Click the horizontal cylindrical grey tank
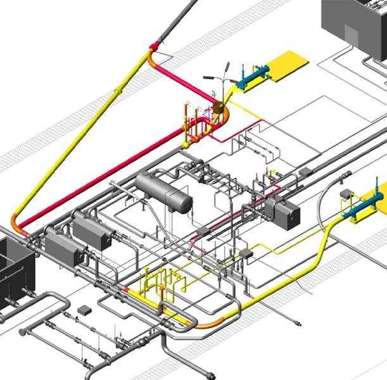pos(163,192)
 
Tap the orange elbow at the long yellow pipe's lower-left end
pos(18,226)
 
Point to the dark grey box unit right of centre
pos(283,213)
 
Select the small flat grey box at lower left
pos(84,310)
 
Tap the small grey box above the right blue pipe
pos(345,193)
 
